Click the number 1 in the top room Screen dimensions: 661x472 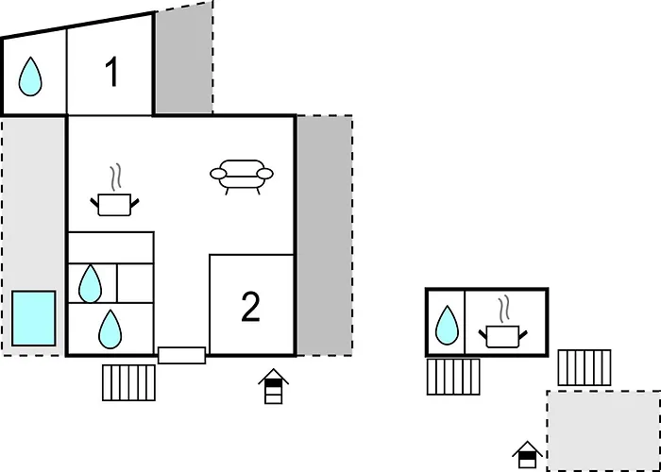(111, 72)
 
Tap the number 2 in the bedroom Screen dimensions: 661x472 (250, 307)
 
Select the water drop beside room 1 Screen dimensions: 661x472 (30, 76)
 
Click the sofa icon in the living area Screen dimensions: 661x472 (242, 177)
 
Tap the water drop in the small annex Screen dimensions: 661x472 (447, 325)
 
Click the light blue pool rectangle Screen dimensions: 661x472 (34, 318)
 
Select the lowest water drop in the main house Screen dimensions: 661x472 (110, 329)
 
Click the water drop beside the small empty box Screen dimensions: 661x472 (91, 283)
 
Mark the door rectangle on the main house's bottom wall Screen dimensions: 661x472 (181, 355)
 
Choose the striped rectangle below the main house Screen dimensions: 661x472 (129, 382)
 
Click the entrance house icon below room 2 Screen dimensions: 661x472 (274, 386)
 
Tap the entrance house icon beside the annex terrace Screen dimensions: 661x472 (527, 454)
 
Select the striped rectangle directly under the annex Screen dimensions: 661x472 (453, 377)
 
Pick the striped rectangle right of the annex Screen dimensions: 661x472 (585, 367)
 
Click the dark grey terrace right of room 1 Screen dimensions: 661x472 (184, 59)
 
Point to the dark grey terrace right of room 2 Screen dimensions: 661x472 (325, 235)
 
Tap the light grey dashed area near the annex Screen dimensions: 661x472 (603, 430)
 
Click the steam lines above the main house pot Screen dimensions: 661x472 (115, 177)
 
